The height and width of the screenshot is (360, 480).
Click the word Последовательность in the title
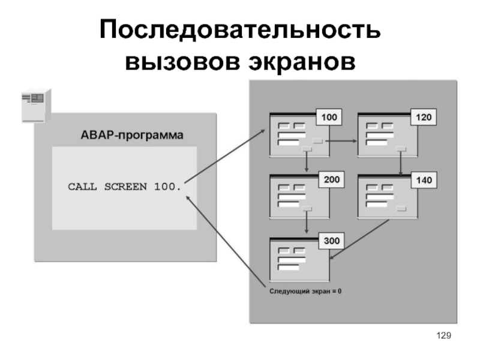[240, 30]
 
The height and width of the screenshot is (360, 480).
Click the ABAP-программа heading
[132, 135]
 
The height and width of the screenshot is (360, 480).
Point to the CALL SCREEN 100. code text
[124, 187]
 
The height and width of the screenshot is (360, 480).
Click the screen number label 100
[329, 117]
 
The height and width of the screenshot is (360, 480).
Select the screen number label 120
[423, 117]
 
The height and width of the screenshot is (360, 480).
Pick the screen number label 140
[423, 179]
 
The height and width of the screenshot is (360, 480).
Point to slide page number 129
[443, 335]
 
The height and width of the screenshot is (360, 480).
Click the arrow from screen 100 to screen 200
[307, 161]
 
